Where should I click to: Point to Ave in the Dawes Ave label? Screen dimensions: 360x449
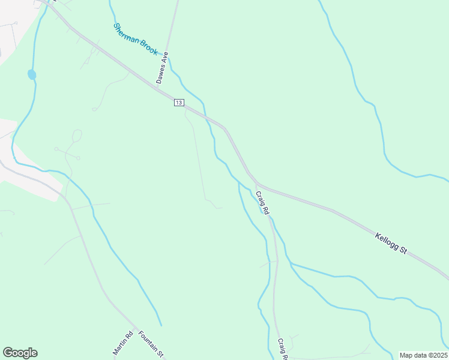coord(166,58)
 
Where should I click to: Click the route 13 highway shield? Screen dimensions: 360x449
coord(179,103)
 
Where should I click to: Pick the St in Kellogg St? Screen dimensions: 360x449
coord(403,251)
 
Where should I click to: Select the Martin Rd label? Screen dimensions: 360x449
coord(122,343)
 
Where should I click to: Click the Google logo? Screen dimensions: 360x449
coord(20,353)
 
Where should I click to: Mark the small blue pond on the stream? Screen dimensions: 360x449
coord(32,74)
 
